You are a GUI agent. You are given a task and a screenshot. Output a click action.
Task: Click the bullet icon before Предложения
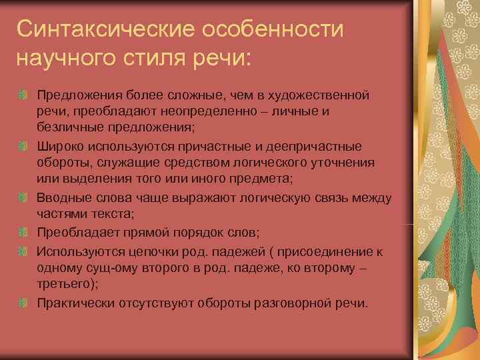coord(25,95)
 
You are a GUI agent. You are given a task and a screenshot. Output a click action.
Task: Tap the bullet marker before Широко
coord(25,146)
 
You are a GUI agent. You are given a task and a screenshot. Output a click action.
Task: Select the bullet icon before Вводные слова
coord(25,197)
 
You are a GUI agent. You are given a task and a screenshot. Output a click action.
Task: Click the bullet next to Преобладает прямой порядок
coord(25,233)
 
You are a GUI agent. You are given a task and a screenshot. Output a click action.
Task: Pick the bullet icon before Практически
coord(25,302)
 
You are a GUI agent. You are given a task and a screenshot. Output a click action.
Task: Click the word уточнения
coord(339,163)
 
